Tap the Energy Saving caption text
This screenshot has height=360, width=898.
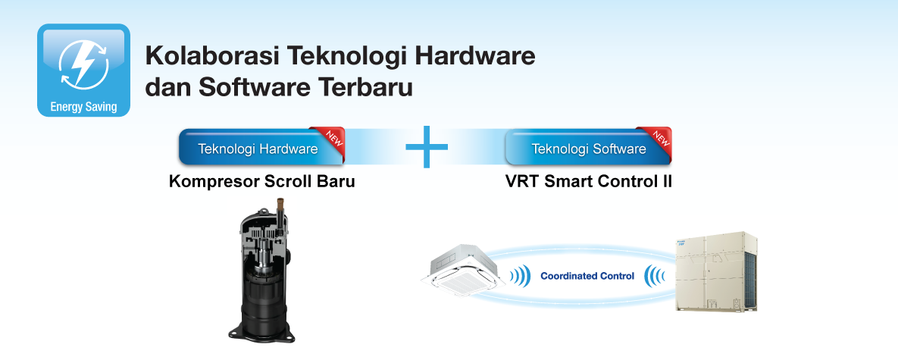[x=83, y=107]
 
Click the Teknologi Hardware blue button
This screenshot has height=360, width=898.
[x=258, y=149]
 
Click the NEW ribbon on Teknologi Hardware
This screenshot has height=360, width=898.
[x=333, y=137]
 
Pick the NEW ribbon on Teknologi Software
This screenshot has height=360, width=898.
[x=660, y=137]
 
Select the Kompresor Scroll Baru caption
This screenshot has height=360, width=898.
[x=262, y=183]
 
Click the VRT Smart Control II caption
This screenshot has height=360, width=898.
[x=588, y=183]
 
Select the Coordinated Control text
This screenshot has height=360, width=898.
[x=587, y=277]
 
